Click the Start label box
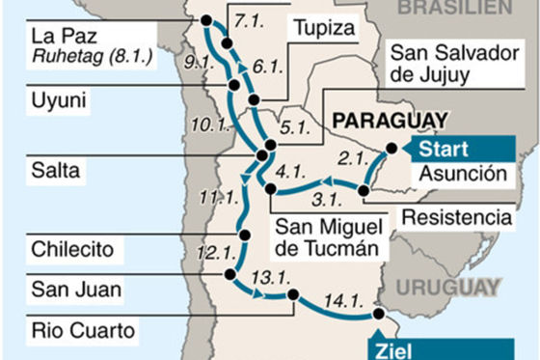tap(445, 150)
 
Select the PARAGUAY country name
tap(390, 121)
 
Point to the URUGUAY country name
tap(446, 287)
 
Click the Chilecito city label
tap(72, 250)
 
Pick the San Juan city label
tap(67, 288)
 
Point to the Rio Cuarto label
tap(81, 330)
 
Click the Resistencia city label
tap(456, 216)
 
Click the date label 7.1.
tap(249, 20)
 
